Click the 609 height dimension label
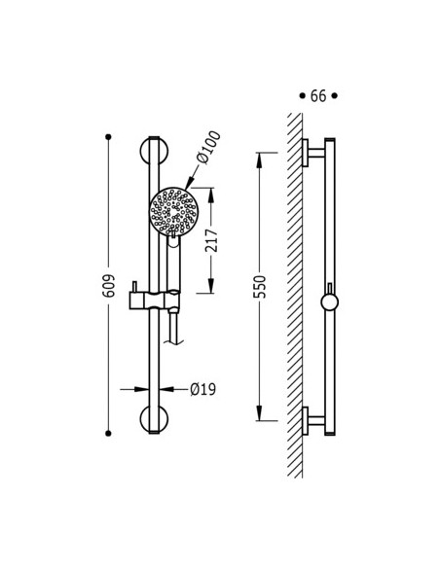[x=108, y=286]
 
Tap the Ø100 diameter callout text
[x=208, y=147]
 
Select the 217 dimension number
[x=211, y=240]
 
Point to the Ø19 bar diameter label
[x=203, y=389]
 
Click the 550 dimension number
[x=260, y=287]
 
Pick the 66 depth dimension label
[x=318, y=96]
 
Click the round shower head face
[x=173, y=211]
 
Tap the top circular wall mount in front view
[x=154, y=151]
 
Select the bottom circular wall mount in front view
[x=154, y=419]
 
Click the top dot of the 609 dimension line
[x=108, y=137]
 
